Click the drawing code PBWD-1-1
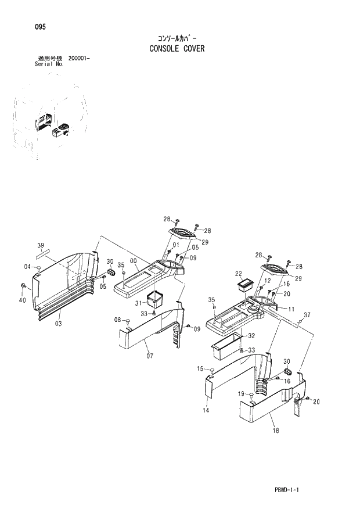pyautogui.click(x=288, y=491)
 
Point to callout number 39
pyautogui.click(x=41, y=245)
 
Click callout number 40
pyautogui.click(x=23, y=300)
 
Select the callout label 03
pyautogui.click(x=59, y=323)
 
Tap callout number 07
pyautogui.click(x=150, y=355)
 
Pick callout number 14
pyautogui.click(x=206, y=410)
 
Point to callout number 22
pyautogui.click(x=238, y=273)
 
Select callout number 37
pyautogui.click(x=307, y=315)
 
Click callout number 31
pyautogui.click(x=139, y=303)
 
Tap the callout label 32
pyautogui.click(x=251, y=336)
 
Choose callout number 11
pyautogui.click(x=291, y=309)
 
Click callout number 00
pyautogui.click(x=134, y=262)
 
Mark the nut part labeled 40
pyautogui.click(x=23, y=286)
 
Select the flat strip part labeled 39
pyautogui.click(x=43, y=253)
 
